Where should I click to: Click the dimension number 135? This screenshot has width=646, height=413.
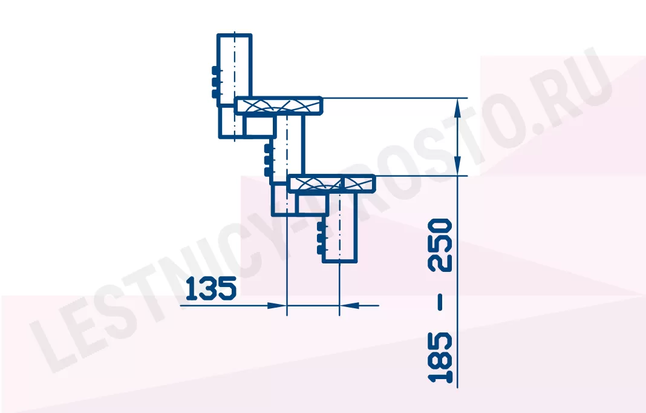(x=211, y=288)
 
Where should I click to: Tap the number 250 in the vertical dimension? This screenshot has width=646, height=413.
(x=440, y=245)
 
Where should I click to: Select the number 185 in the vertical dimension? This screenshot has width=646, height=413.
(x=440, y=357)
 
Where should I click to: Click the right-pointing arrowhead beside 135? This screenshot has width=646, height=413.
(x=276, y=306)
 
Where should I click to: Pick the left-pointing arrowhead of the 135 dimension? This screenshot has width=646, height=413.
(x=350, y=306)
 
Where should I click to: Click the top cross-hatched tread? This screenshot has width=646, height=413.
(x=278, y=105)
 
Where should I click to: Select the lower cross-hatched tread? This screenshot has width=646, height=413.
(x=331, y=183)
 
